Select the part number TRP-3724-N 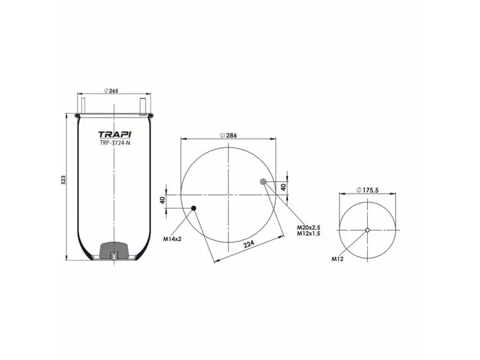click(x=114, y=143)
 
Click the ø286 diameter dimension click(x=229, y=135)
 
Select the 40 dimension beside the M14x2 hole click(x=163, y=200)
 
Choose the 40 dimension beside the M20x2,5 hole click(x=284, y=187)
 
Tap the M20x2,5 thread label click(x=309, y=227)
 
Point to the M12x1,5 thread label click(x=309, y=234)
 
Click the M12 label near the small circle click(x=337, y=259)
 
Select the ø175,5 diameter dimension click(x=367, y=190)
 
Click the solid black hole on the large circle click(x=194, y=209)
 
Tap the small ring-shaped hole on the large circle click(x=263, y=182)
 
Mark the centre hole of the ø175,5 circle click(x=368, y=230)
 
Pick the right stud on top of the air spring click(x=144, y=104)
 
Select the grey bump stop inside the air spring click(x=114, y=248)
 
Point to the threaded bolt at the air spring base click(x=114, y=258)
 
